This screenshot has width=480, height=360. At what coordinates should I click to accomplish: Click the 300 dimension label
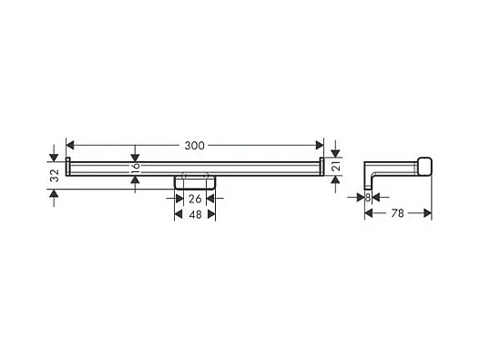point(194,146)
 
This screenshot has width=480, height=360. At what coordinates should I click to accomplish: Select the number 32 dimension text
point(55,175)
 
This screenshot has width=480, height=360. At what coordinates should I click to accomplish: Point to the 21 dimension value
point(336,166)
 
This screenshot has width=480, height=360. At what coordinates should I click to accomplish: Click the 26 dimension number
point(195,199)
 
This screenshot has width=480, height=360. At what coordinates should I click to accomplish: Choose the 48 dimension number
point(195,214)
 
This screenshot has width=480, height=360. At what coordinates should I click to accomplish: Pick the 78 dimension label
point(398,213)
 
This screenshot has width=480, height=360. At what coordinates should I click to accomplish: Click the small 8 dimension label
point(368,198)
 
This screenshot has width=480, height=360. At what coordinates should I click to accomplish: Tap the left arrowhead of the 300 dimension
point(70,145)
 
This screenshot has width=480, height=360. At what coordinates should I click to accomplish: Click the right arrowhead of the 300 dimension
point(320,145)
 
